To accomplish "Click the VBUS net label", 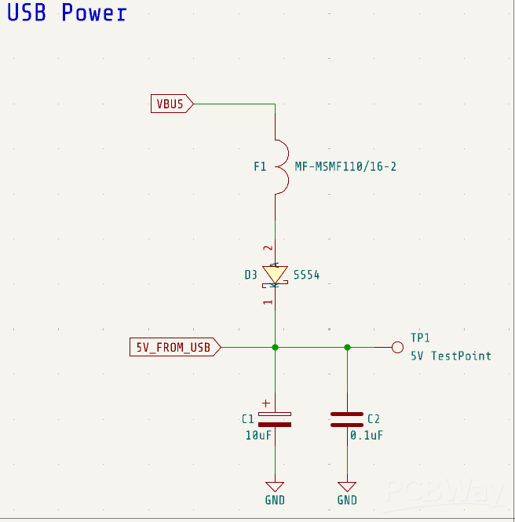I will click(x=171, y=104).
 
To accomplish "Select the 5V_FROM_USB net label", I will click(x=174, y=347).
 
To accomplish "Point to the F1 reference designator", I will click(x=260, y=166).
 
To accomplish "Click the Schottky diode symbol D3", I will click(x=275, y=275).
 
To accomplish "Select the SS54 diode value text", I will click(x=307, y=276).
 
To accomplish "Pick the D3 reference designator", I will click(x=250, y=276).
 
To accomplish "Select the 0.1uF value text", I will click(x=367, y=435).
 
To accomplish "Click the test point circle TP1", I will click(x=397, y=347).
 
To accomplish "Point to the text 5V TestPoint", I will click(x=451, y=356).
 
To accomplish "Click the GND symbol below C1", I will click(x=275, y=487).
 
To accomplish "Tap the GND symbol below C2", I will click(x=347, y=487).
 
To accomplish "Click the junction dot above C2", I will click(x=347, y=347).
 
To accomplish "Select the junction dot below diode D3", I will click(x=275, y=347).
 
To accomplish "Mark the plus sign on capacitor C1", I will click(x=266, y=402).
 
